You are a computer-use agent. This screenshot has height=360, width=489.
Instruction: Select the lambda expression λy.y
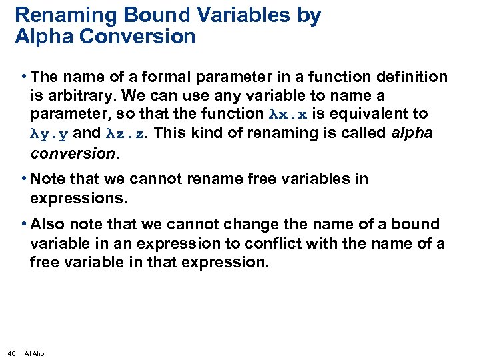[49, 133]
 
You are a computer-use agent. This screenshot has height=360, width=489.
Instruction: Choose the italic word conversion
[73, 153]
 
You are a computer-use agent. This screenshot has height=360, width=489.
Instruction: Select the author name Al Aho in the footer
[34, 353]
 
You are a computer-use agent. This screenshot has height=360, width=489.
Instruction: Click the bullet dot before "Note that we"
[24, 179]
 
